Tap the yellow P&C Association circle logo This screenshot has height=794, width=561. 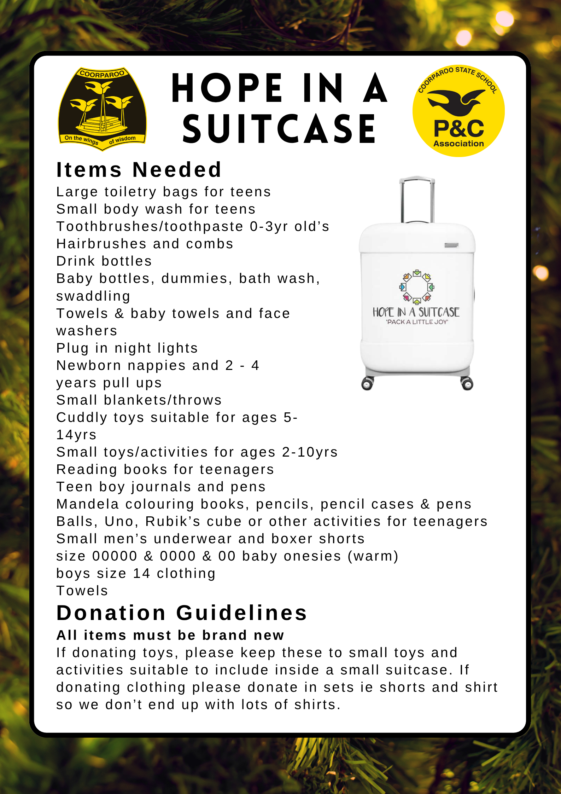(458, 111)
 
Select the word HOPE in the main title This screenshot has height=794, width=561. (227, 88)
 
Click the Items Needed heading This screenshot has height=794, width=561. (139, 170)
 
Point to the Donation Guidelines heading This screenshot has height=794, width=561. (182, 613)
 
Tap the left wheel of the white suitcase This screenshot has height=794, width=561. (367, 384)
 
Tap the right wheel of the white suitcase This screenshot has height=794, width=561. (467, 384)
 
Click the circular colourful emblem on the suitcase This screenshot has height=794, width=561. (417, 287)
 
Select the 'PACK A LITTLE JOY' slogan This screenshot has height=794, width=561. (417, 322)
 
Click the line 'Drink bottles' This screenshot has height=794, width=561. (104, 261)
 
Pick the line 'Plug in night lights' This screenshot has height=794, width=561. (127, 348)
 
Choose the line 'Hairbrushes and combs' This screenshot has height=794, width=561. (145, 244)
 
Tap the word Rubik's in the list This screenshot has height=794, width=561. (173, 521)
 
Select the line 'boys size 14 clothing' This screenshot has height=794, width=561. (136, 573)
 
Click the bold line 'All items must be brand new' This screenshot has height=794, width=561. (170, 635)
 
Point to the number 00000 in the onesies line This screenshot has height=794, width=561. (115, 556)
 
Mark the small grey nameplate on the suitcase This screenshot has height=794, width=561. (451, 245)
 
